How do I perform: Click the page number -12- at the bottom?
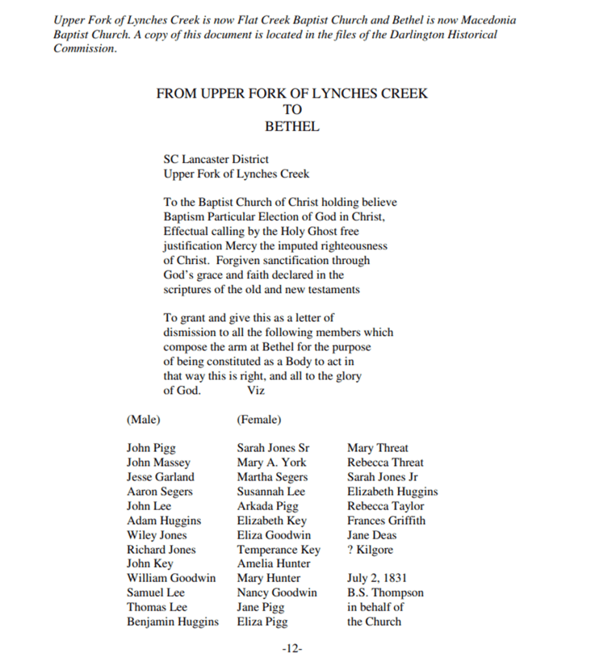tap(293, 648)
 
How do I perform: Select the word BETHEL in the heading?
tap(292, 127)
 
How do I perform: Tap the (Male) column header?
tap(144, 420)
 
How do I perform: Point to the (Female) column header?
tap(259, 420)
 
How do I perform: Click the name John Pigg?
tap(151, 448)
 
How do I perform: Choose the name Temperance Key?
tap(278, 550)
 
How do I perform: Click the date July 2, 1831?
tap(377, 578)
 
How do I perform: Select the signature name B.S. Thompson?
tap(385, 593)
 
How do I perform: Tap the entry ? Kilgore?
tap(370, 550)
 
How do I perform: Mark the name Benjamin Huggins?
tap(173, 622)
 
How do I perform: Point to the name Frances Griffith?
tap(387, 520)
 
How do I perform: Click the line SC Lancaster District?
tap(216, 159)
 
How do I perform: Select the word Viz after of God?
tap(256, 391)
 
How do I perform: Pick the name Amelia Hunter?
tap(274, 564)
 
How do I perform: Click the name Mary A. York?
tap(271, 462)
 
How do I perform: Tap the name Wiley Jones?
tap(157, 535)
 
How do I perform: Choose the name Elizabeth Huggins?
tap(392, 492)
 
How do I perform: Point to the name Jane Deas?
tap(371, 535)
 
